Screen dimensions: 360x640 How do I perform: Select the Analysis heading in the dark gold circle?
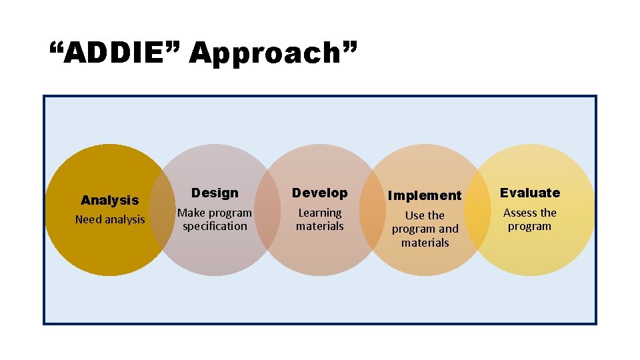pos(110,200)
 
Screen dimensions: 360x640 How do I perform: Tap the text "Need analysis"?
pos(110,219)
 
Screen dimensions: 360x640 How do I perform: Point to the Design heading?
pos(215,193)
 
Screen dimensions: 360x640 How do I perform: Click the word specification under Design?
pos(215,227)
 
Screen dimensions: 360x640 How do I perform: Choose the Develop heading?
pos(320,193)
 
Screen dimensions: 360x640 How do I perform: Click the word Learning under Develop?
pos(320,213)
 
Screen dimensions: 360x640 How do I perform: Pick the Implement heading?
pos(425,195)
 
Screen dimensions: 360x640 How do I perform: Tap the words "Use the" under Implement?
pos(425,215)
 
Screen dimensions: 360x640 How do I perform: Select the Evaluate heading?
pos(530,193)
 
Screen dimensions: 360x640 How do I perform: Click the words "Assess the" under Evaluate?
pos(530,213)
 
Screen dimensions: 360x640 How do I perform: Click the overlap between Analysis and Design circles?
pos(163,210)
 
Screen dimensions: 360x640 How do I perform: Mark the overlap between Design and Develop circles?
pos(267,210)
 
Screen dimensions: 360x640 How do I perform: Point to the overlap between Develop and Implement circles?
pos(373,210)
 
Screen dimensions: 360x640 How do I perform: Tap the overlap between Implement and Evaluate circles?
pos(477,210)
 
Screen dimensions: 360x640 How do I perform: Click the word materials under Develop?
pos(320,227)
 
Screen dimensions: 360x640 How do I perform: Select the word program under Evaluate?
pos(530,227)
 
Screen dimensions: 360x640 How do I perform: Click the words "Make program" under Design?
pos(215,213)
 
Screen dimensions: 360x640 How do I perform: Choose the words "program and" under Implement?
pos(425,229)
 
